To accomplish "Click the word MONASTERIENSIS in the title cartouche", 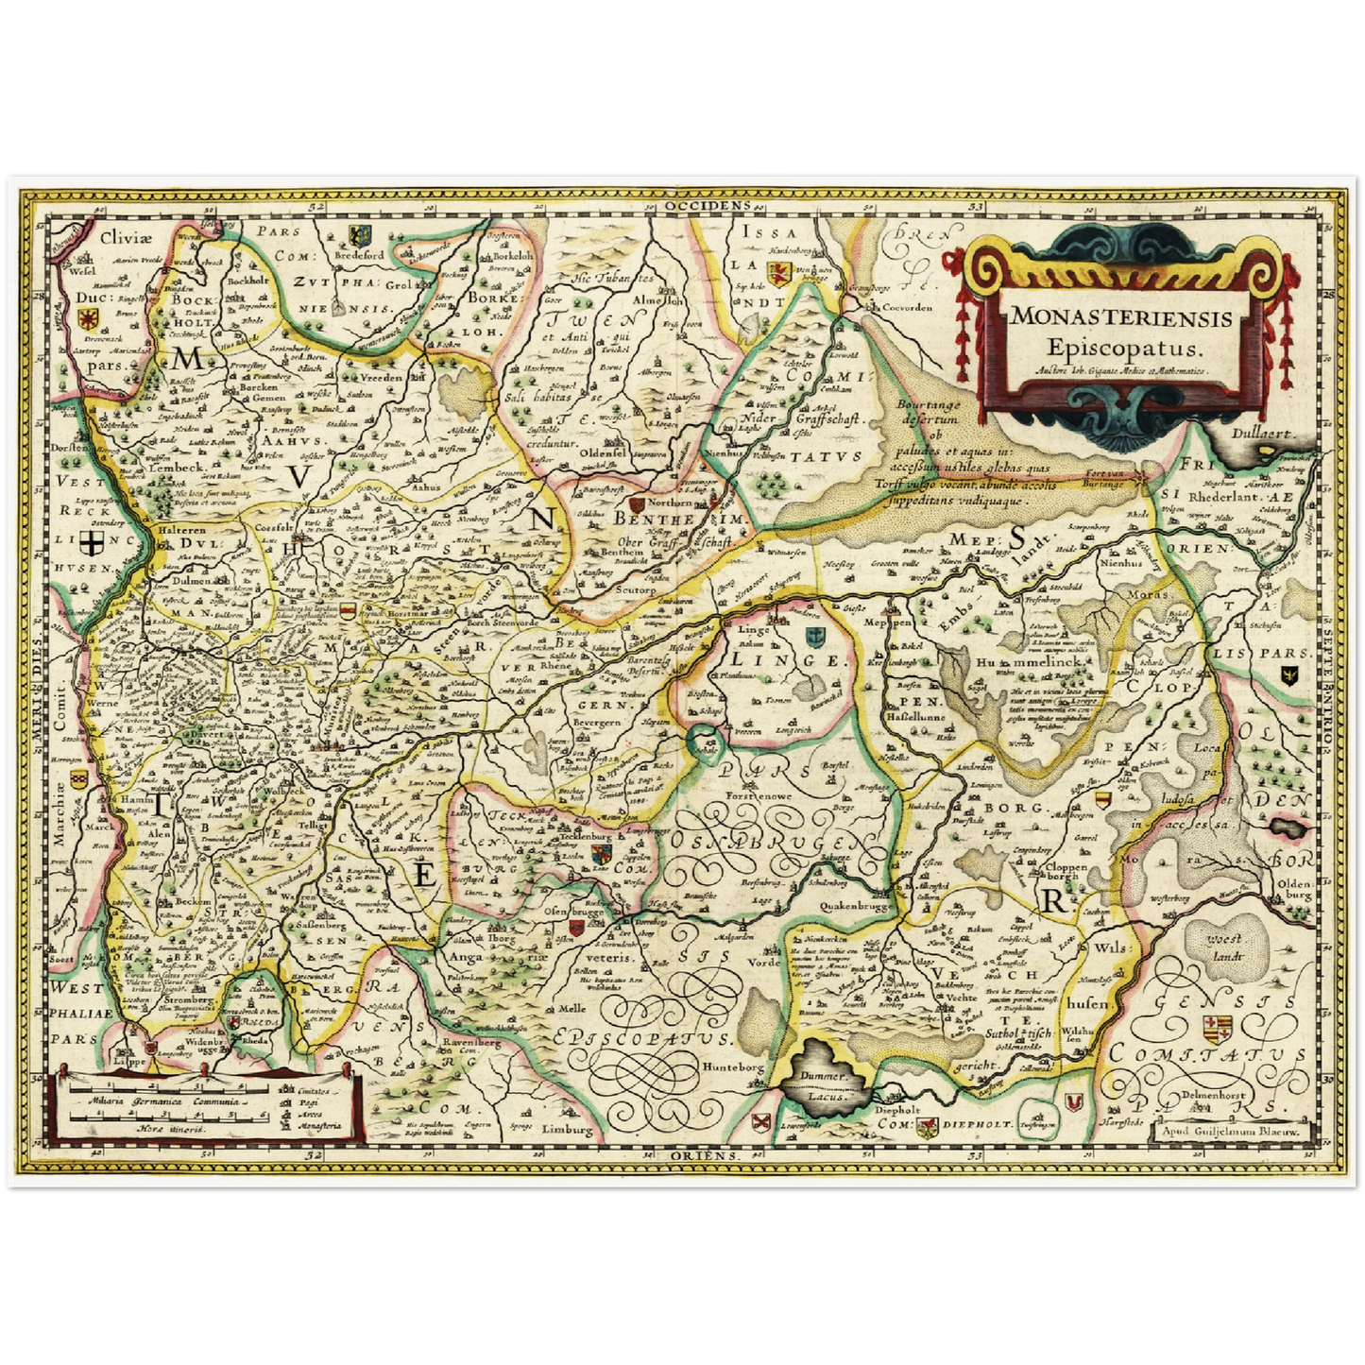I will tap(1121, 317).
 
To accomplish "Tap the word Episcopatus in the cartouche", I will tap(1121, 346).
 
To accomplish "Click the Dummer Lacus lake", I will tap(824, 1080).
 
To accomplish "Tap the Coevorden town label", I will tap(906, 307).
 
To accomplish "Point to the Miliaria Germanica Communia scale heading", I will tap(151, 1100).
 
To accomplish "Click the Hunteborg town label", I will tap(731, 1066).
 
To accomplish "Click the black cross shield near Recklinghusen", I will tap(92, 542).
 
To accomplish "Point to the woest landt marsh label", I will tap(1224, 947).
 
